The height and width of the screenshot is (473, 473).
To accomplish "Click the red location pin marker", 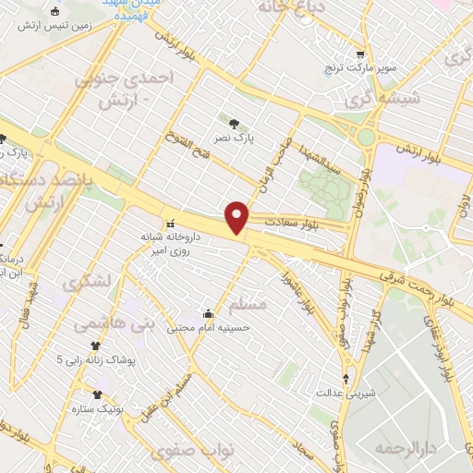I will [x=237, y=216].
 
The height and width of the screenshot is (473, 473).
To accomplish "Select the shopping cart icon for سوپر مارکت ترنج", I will [x=360, y=54].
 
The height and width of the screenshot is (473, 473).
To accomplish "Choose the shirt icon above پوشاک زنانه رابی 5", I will [x=94, y=346].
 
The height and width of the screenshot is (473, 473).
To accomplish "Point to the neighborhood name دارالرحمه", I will [x=404, y=448].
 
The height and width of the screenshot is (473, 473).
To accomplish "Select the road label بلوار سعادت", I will [x=291, y=223].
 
